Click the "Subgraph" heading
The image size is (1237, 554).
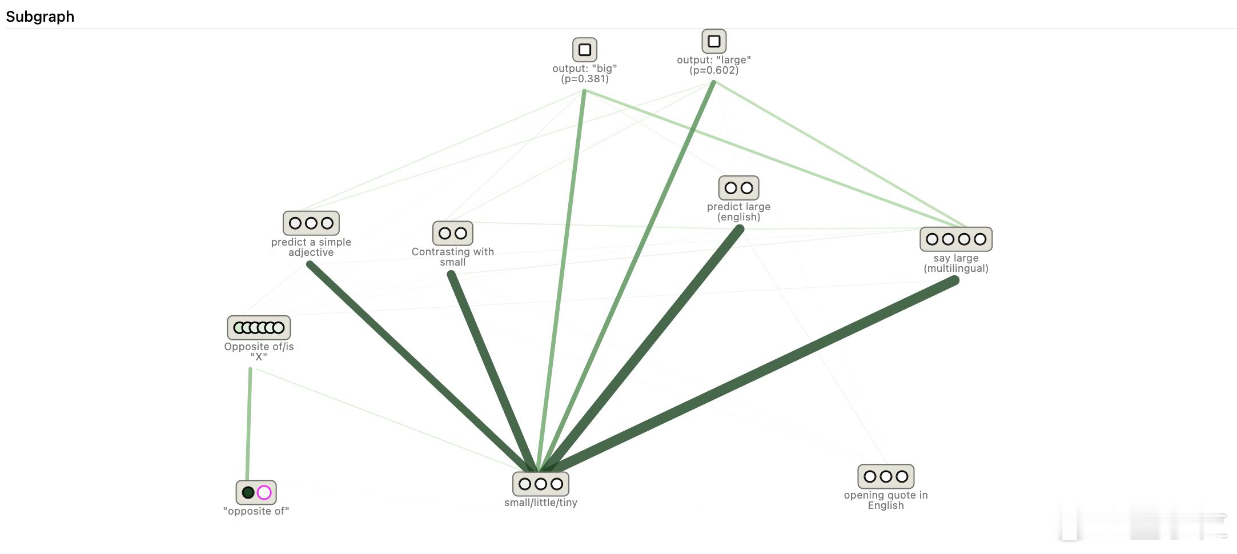[x=40, y=17]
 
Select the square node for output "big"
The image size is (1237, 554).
[x=584, y=50]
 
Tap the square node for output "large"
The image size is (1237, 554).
[x=713, y=41]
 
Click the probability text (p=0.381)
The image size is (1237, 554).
[x=584, y=79]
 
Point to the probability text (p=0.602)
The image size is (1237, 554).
[x=713, y=70]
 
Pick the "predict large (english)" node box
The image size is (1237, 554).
[x=738, y=188]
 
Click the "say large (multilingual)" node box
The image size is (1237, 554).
[x=955, y=239]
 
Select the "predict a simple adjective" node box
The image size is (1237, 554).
[x=311, y=223]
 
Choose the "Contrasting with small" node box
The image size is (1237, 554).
[x=452, y=233]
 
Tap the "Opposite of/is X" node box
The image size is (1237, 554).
[x=259, y=328]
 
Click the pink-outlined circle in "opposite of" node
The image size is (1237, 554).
[x=264, y=492]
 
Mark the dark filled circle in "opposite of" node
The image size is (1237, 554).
[x=248, y=492]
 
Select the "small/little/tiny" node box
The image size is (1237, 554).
[x=540, y=484]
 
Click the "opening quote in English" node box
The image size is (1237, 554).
[x=885, y=476]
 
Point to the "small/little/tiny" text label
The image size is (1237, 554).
[x=540, y=503]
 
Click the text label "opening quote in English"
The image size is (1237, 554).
[x=885, y=500]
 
